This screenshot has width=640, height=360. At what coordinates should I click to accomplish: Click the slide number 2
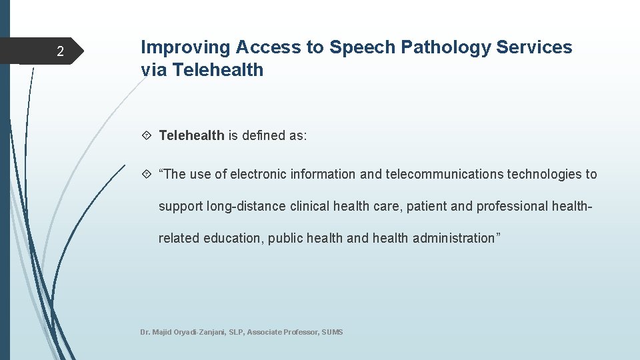pos(60,52)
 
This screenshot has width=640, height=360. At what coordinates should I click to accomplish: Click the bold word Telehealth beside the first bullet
pos(191,136)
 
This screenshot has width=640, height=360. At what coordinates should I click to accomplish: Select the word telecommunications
pos(443,175)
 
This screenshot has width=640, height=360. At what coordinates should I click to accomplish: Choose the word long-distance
pos(246,207)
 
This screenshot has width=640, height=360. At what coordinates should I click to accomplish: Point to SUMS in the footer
pos(332,332)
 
